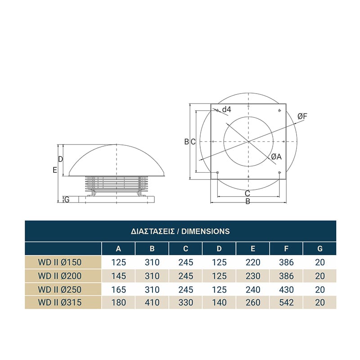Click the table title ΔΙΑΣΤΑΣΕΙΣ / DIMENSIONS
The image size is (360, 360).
pos(180,231)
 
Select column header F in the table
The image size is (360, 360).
pos(286,249)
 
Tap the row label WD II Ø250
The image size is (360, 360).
pos(60,289)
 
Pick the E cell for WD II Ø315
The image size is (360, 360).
pos(253,302)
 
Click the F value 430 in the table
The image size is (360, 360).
pos(286,289)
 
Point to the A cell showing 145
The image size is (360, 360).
pos(118,276)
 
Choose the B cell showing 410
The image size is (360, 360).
pos(152,302)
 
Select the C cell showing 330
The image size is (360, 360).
pos(186,302)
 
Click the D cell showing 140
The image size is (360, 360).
pos(219,302)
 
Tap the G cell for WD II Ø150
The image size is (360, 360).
pos(320,262)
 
